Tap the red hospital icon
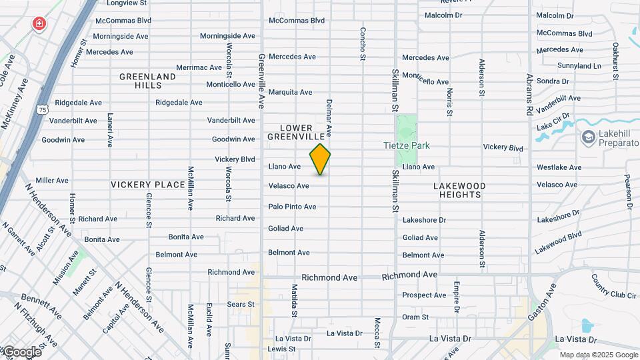(x=39, y=25)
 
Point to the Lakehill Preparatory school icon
(x=588, y=137)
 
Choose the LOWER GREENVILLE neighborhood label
(x=296, y=131)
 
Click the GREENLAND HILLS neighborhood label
(x=148, y=81)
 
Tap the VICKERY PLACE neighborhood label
(x=148, y=185)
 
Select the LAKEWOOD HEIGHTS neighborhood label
(x=460, y=190)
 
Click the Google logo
(x=21, y=352)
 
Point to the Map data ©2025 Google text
(x=597, y=355)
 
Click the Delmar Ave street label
(x=329, y=118)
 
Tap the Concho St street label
(x=363, y=45)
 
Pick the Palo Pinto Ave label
(x=292, y=207)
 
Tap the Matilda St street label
(x=294, y=300)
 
